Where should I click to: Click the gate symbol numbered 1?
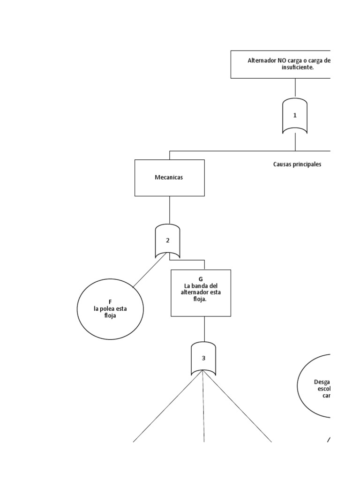295,116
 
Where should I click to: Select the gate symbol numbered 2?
167,240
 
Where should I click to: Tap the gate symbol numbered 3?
203,359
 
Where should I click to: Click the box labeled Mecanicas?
170,178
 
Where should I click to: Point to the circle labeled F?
110,309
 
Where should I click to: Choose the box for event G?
201,292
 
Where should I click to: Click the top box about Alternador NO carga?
280,64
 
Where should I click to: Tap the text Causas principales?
297,165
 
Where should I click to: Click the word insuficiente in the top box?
298,67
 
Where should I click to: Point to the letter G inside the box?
201,279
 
